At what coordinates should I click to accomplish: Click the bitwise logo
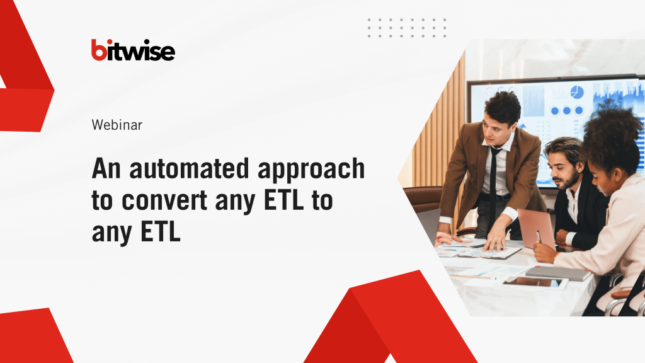coord(133,50)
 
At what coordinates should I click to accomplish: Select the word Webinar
coord(117,125)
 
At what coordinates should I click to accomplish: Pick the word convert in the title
coord(164,201)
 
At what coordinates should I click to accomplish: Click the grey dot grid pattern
coord(407,28)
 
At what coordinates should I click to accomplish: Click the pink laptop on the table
coord(535,227)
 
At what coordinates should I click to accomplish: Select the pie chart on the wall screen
coord(577,93)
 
